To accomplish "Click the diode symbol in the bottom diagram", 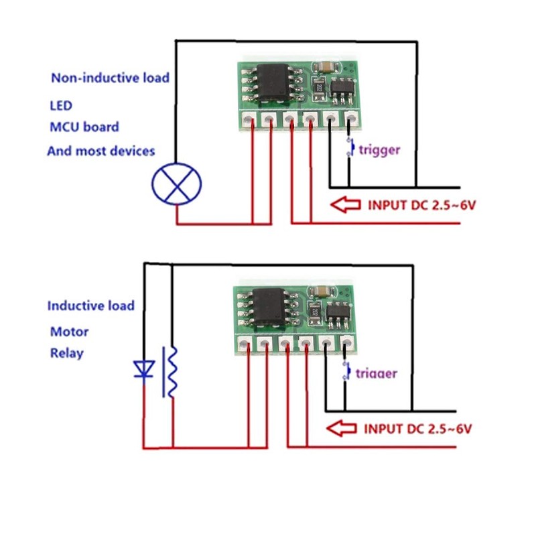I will pyautogui.click(x=143, y=369).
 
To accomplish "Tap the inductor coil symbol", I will pyautogui.click(x=172, y=372).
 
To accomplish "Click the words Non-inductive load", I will pyautogui.click(x=111, y=78).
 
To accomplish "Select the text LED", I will pyautogui.click(x=61, y=106).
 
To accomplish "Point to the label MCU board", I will pyautogui.click(x=84, y=127).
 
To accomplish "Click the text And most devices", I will pyautogui.click(x=101, y=151).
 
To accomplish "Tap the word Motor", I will pyautogui.click(x=69, y=332).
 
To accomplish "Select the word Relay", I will pyautogui.click(x=67, y=352).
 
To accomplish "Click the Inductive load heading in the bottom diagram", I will pyautogui.click(x=91, y=306).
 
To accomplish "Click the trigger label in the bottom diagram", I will pyautogui.click(x=376, y=373).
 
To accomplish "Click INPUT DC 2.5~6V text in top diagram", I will pyautogui.click(x=421, y=204).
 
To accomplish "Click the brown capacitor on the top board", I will pyautogui.click(x=325, y=66).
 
